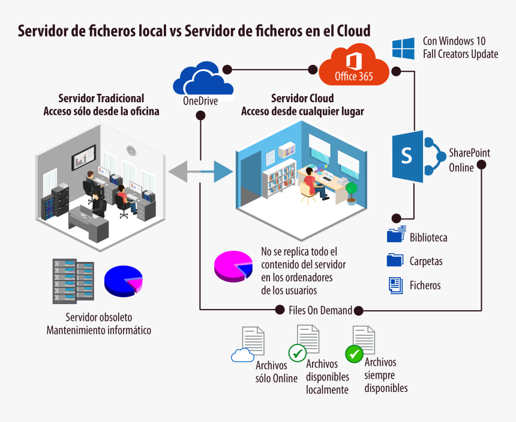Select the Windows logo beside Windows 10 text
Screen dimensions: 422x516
(x=404, y=48)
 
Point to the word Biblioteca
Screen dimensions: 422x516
(x=428, y=237)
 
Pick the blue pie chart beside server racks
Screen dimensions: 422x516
(x=123, y=281)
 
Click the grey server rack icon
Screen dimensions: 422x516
(x=73, y=280)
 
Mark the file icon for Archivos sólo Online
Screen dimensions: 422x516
(x=252, y=341)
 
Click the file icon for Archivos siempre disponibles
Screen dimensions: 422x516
(x=363, y=340)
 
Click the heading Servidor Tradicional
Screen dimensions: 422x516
(x=101, y=98)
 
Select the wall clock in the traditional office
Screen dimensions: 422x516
(x=131, y=150)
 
